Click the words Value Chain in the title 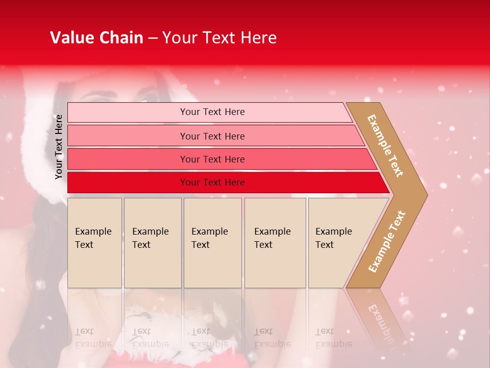pos(96,38)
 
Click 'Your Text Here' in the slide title pos(219,38)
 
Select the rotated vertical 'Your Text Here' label pos(59,147)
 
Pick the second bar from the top pos(212,136)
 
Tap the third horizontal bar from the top pos(212,159)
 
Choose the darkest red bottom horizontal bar pos(212,182)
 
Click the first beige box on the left pos(94,243)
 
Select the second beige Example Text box pos(153,243)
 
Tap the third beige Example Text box pos(212,243)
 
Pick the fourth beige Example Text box pos(275,243)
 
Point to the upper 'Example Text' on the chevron pos(385,146)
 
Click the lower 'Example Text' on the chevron pos(386,241)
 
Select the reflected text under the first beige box pos(93,338)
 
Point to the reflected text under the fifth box pos(334,338)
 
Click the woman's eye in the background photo pos(148,97)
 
